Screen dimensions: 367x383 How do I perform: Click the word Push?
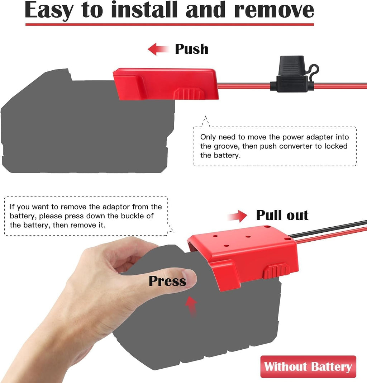point(192,49)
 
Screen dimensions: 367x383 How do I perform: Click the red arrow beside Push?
point(158,49)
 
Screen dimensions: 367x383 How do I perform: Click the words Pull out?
point(282,215)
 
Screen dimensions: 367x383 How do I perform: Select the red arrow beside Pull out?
point(237,216)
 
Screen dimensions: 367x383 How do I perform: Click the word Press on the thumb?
point(167,281)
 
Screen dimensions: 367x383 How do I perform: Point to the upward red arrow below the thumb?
point(191,307)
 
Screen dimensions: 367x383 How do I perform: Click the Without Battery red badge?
point(308,367)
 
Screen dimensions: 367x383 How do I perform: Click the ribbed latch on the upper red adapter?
point(189,94)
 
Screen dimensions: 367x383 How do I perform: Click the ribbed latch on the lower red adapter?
point(276,271)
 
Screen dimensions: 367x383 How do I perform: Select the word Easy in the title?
point(49,11)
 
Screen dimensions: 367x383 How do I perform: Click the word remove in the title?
point(274,11)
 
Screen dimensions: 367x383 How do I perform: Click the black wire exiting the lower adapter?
point(328,229)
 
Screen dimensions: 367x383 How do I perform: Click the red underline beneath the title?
point(170,24)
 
